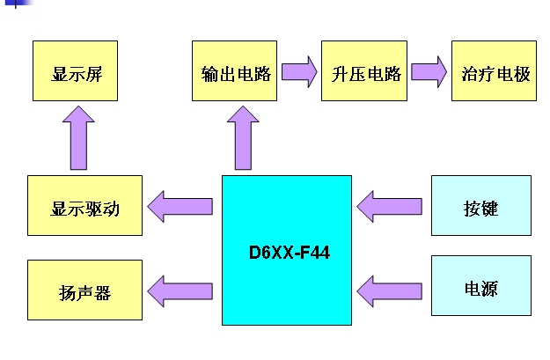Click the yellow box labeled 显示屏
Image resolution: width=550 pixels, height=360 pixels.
coord(74,70)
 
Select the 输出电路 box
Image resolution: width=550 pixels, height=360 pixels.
coord(235,70)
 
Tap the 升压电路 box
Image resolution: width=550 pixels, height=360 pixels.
coord(364,70)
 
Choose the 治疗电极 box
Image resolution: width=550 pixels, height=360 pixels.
coord(494,70)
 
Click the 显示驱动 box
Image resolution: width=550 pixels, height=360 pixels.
coord(84,206)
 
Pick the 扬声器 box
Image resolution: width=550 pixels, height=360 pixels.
coord(84,290)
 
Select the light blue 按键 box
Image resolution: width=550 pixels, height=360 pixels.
coord(480,206)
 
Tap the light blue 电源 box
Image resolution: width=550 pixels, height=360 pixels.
coord(480,285)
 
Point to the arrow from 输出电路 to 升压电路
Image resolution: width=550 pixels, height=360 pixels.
coord(300,71)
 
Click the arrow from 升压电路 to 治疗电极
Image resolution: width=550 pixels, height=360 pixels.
coord(429,71)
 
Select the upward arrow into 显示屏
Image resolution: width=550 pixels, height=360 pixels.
coord(78,136)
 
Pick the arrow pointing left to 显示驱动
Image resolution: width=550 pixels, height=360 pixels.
coord(180,207)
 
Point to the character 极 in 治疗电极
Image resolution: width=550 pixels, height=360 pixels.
coord(523,73)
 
